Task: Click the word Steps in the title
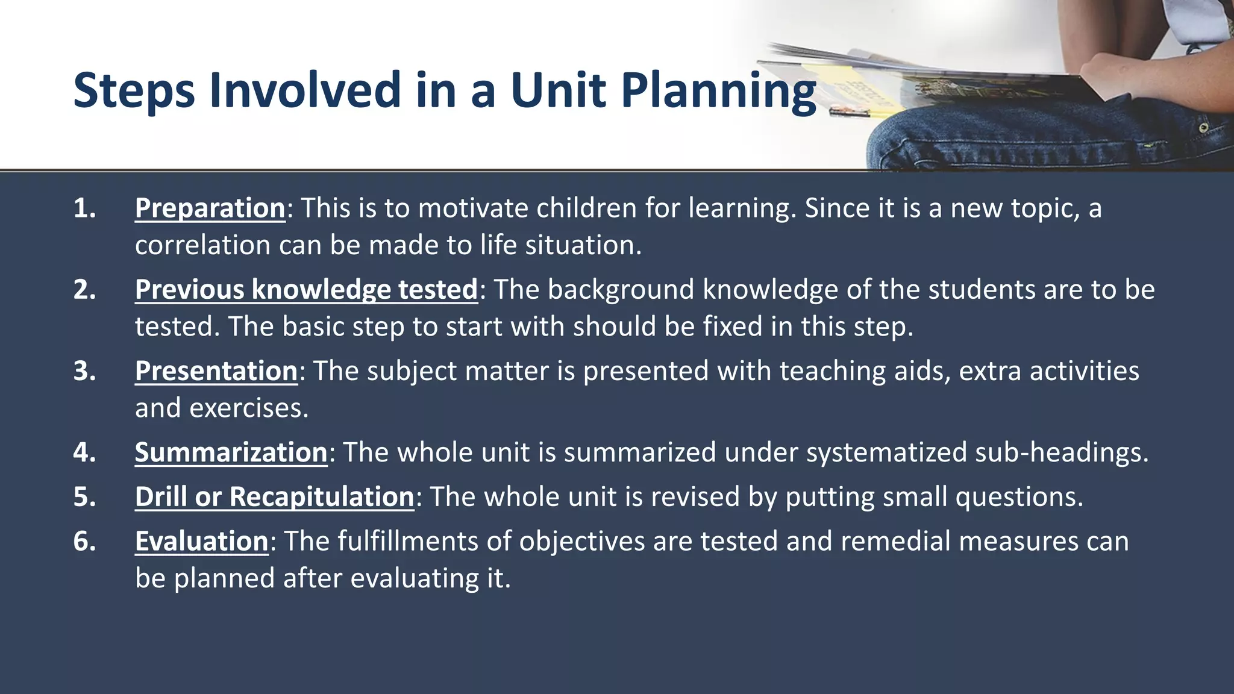coord(134,90)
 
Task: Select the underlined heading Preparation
coord(210,208)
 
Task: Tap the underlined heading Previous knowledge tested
coord(306,290)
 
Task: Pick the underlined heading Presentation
coord(216,371)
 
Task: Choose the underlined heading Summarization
coord(231,452)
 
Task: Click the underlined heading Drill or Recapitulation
coord(274,497)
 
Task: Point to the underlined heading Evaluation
coord(201,541)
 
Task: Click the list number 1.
coord(84,208)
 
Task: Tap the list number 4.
coord(84,452)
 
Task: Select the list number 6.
coord(84,541)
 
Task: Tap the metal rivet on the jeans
coord(1203,128)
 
